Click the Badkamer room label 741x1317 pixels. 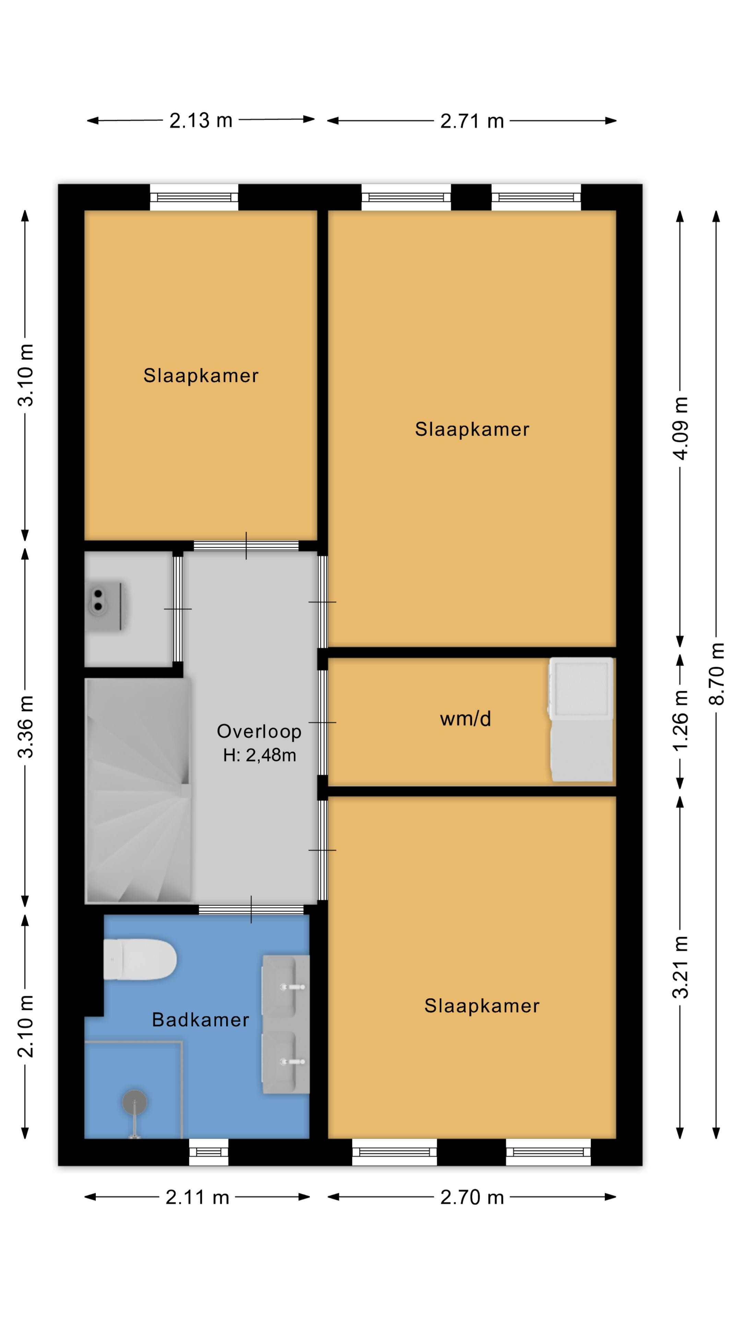(x=200, y=1020)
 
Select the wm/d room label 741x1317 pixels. (x=466, y=719)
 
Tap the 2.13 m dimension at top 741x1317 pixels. (x=201, y=121)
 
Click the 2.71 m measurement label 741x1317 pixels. (x=472, y=121)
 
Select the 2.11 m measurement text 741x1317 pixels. (x=197, y=1197)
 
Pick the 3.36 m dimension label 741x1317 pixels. (x=26, y=726)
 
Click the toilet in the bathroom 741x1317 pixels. (x=140, y=959)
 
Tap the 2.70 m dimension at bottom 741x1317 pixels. (x=472, y=1197)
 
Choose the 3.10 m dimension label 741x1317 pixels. (x=26, y=375)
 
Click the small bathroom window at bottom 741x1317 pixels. (x=209, y=1152)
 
